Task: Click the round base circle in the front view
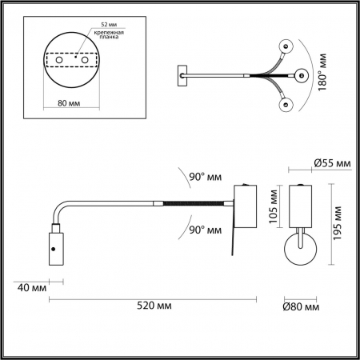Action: click(x=301, y=254)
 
